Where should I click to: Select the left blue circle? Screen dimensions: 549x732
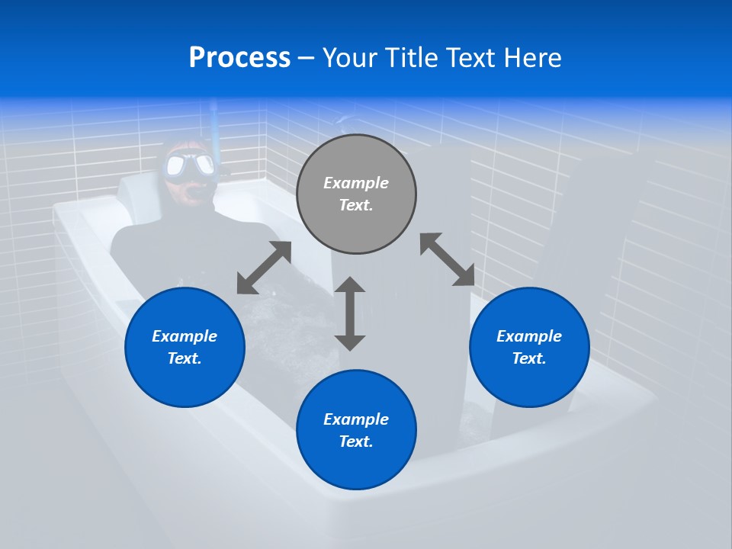click(x=185, y=347)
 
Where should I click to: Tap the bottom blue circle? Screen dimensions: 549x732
click(x=356, y=429)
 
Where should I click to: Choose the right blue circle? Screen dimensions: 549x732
click(x=529, y=347)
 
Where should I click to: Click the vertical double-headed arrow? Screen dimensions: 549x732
click(x=350, y=313)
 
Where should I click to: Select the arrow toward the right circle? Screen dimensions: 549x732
click(x=447, y=259)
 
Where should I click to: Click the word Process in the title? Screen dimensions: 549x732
click(x=239, y=57)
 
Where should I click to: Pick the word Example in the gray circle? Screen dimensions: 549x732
click(x=356, y=183)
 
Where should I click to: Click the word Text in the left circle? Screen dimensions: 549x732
click(x=184, y=358)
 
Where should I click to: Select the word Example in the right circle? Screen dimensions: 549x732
click(x=529, y=336)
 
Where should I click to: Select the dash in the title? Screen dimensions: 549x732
click(x=307, y=58)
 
